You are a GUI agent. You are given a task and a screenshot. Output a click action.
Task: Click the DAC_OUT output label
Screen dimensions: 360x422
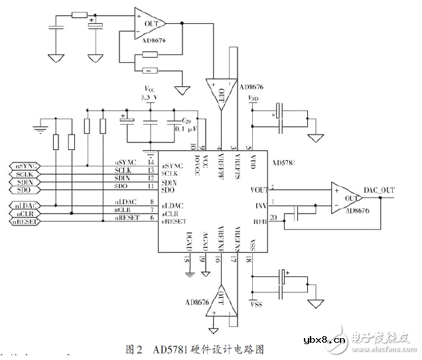pyautogui.click(x=379, y=190)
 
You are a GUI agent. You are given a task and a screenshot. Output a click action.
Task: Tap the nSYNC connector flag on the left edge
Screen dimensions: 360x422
pyautogui.click(x=24, y=165)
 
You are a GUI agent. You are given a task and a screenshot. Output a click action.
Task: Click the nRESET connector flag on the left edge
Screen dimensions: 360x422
pyautogui.click(x=24, y=221)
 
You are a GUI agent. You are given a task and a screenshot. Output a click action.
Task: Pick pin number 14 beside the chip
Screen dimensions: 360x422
pyautogui.click(x=151, y=162)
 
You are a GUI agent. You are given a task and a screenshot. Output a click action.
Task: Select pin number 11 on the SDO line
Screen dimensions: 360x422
pyautogui.click(x=151, y=186)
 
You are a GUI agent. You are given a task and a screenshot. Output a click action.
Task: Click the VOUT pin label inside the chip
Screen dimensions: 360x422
pyautogui.click(x=259, y=190)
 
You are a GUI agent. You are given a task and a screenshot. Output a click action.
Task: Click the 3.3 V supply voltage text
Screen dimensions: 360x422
pyautogui.click(x=151, y=97)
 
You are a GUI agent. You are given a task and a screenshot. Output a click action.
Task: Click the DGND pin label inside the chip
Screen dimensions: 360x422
pyautogui.click(x=189, y=239)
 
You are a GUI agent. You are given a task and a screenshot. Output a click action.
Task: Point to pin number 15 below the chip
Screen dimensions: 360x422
pyautogui.click(x=186, y=259)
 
